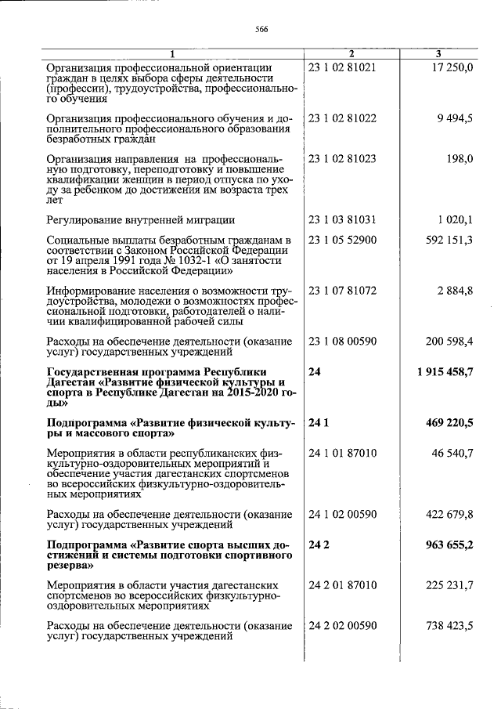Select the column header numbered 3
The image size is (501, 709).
[x=438, y=54]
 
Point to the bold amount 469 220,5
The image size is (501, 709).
[x=449, y=423]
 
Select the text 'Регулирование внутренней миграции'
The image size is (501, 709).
[x=141, y=220]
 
